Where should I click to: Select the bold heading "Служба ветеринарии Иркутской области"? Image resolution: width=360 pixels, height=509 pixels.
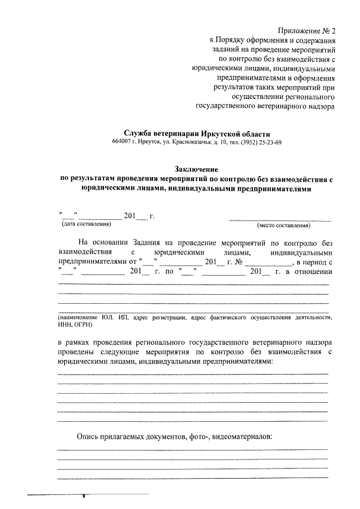196,133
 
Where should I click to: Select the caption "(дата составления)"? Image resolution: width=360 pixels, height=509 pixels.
86,225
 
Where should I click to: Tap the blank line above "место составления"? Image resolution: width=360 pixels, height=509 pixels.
280,219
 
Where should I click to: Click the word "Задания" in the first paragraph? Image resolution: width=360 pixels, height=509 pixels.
150,243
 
